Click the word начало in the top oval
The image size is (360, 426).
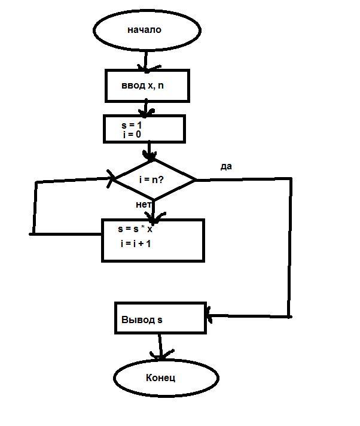144,29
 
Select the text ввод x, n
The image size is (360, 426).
142,86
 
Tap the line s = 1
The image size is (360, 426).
132,125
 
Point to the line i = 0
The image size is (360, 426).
132,134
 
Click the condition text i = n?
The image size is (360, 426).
151,179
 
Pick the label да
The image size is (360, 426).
226,166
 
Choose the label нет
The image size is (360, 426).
144,204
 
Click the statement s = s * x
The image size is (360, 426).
135,229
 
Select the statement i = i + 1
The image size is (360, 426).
136,244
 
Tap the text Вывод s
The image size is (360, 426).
142,319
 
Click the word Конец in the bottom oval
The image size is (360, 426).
160,378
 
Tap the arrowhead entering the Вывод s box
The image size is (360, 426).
209,315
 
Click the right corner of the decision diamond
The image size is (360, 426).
195,180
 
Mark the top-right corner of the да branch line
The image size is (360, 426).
291,178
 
